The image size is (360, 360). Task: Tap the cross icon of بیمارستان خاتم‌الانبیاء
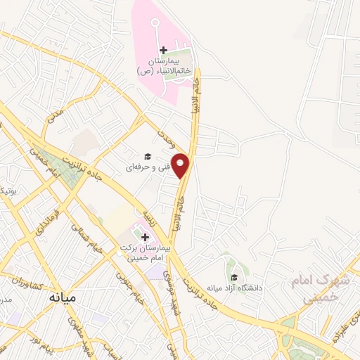pos(163,50)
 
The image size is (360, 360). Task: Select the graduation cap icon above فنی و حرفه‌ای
pos(148,156)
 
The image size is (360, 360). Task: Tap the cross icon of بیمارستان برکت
pos(145,237)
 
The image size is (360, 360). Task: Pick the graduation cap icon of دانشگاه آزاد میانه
pos(234,277)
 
